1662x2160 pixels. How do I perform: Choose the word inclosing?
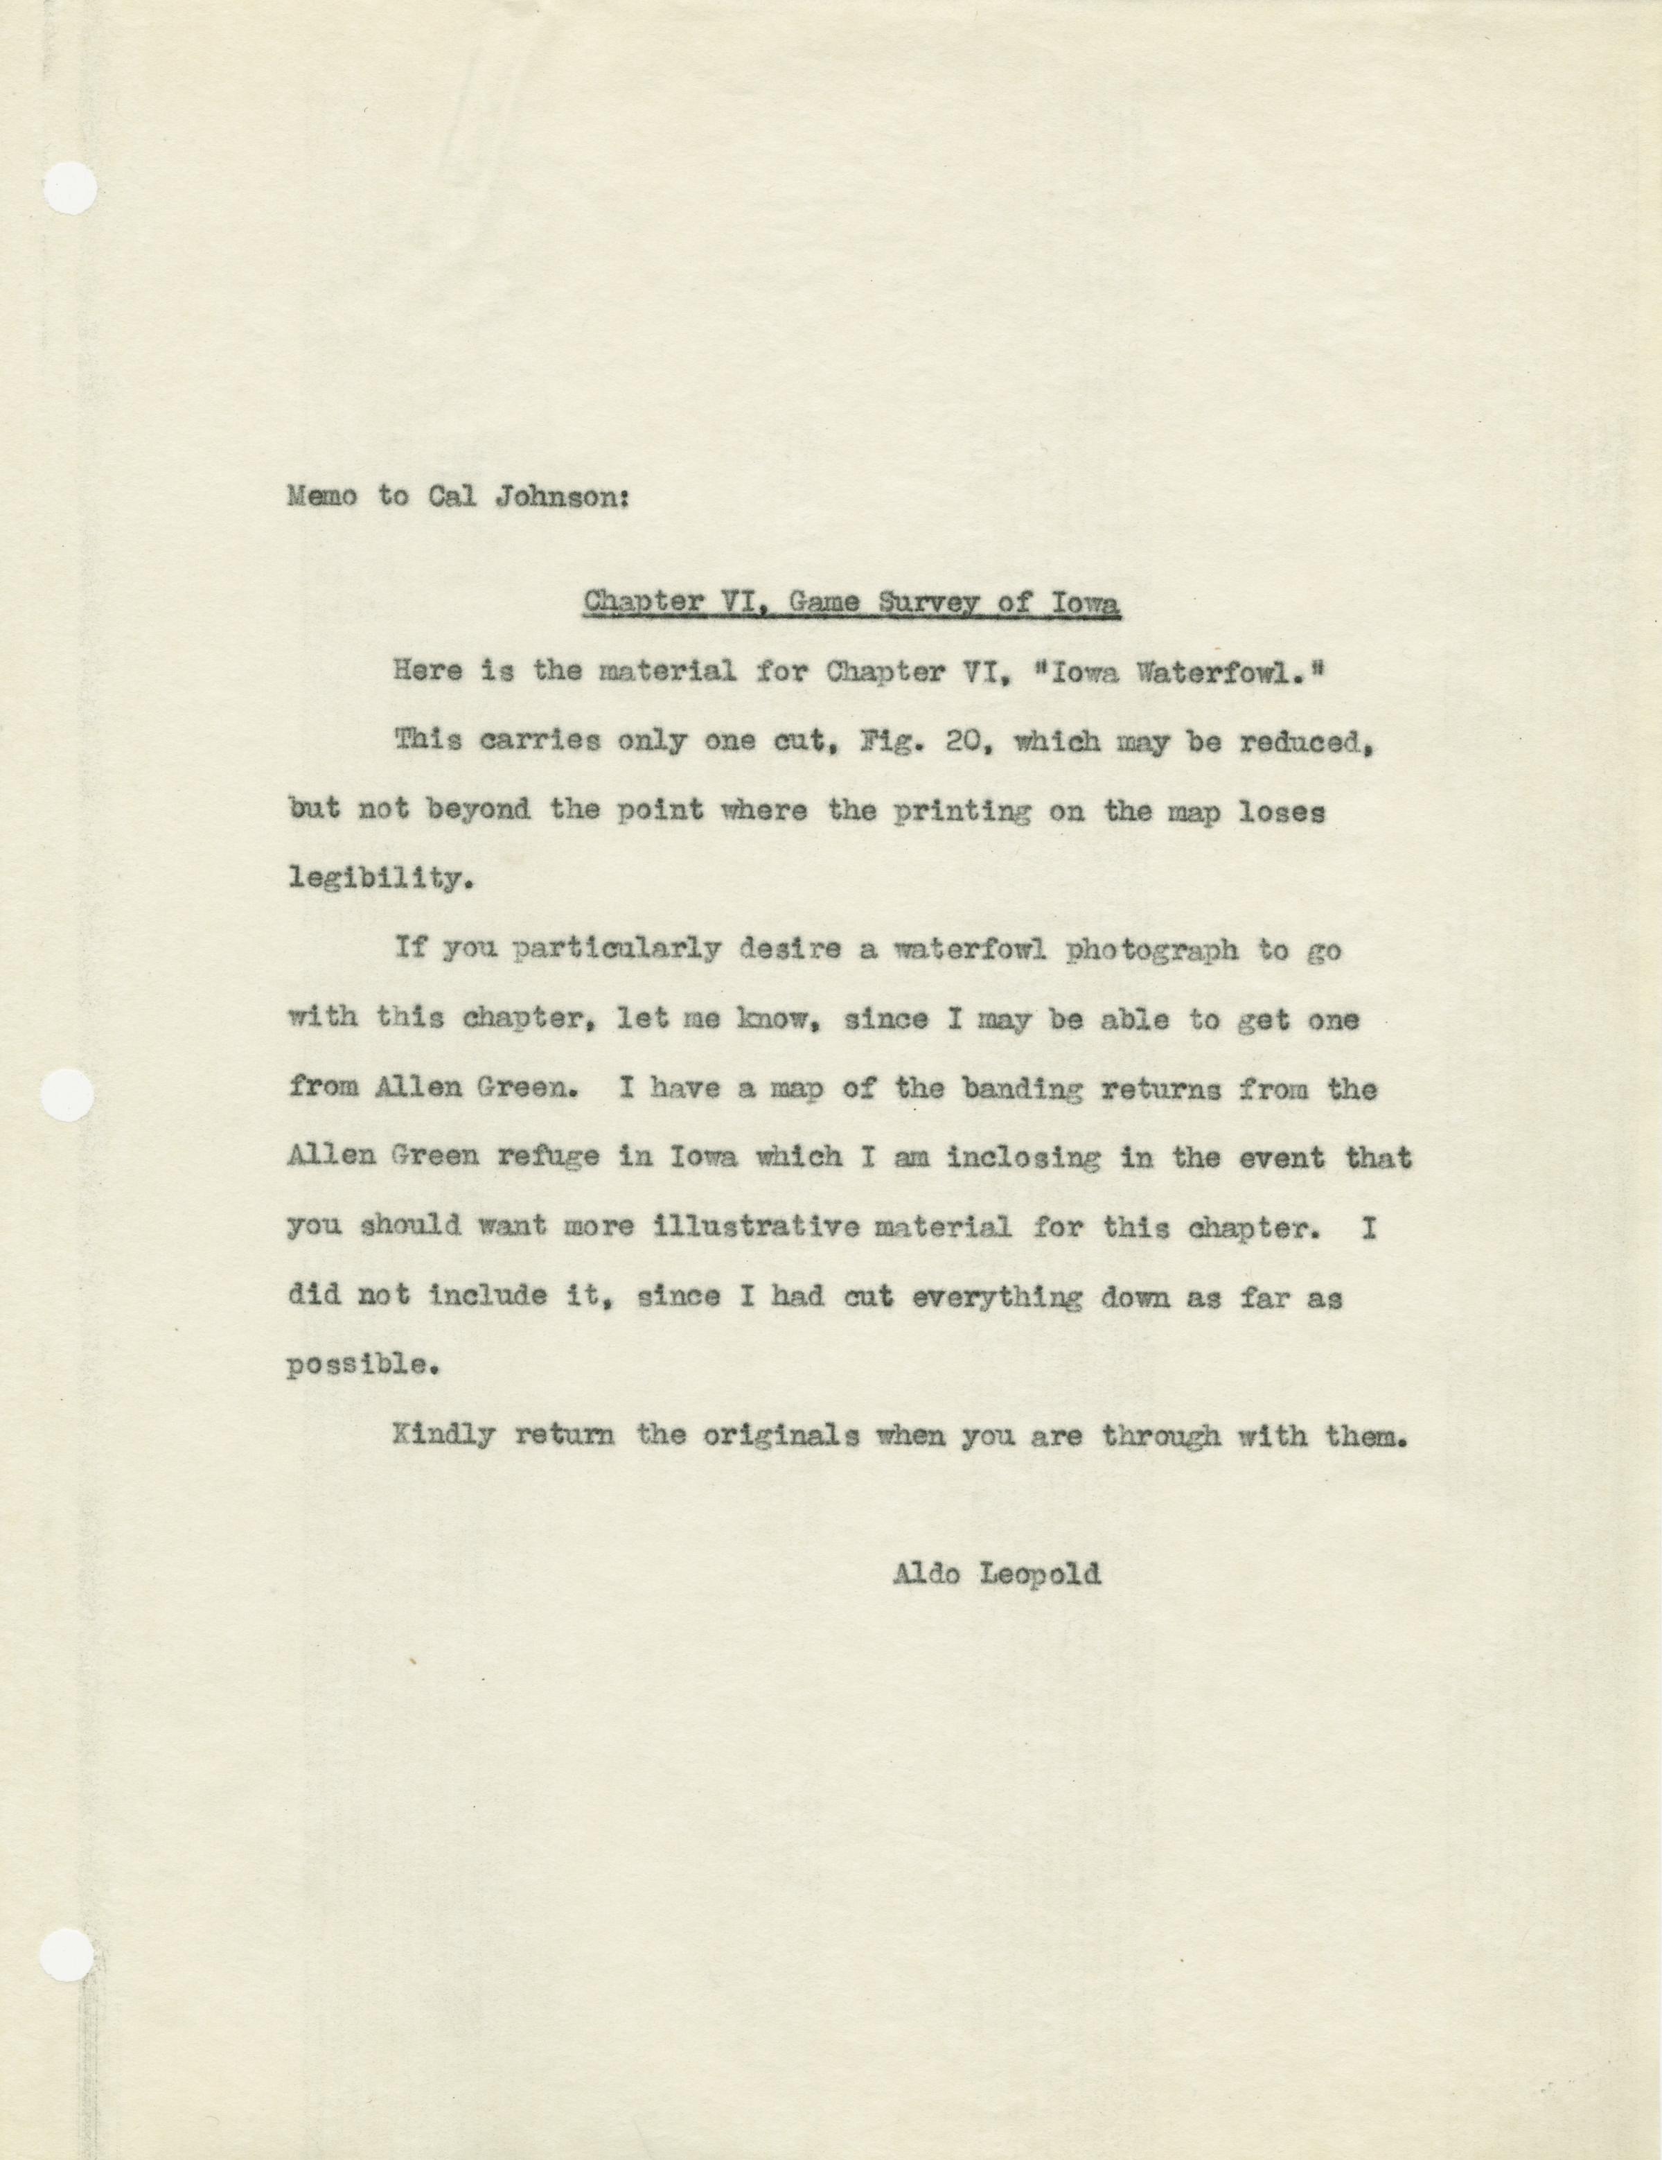pos(1025,1158)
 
